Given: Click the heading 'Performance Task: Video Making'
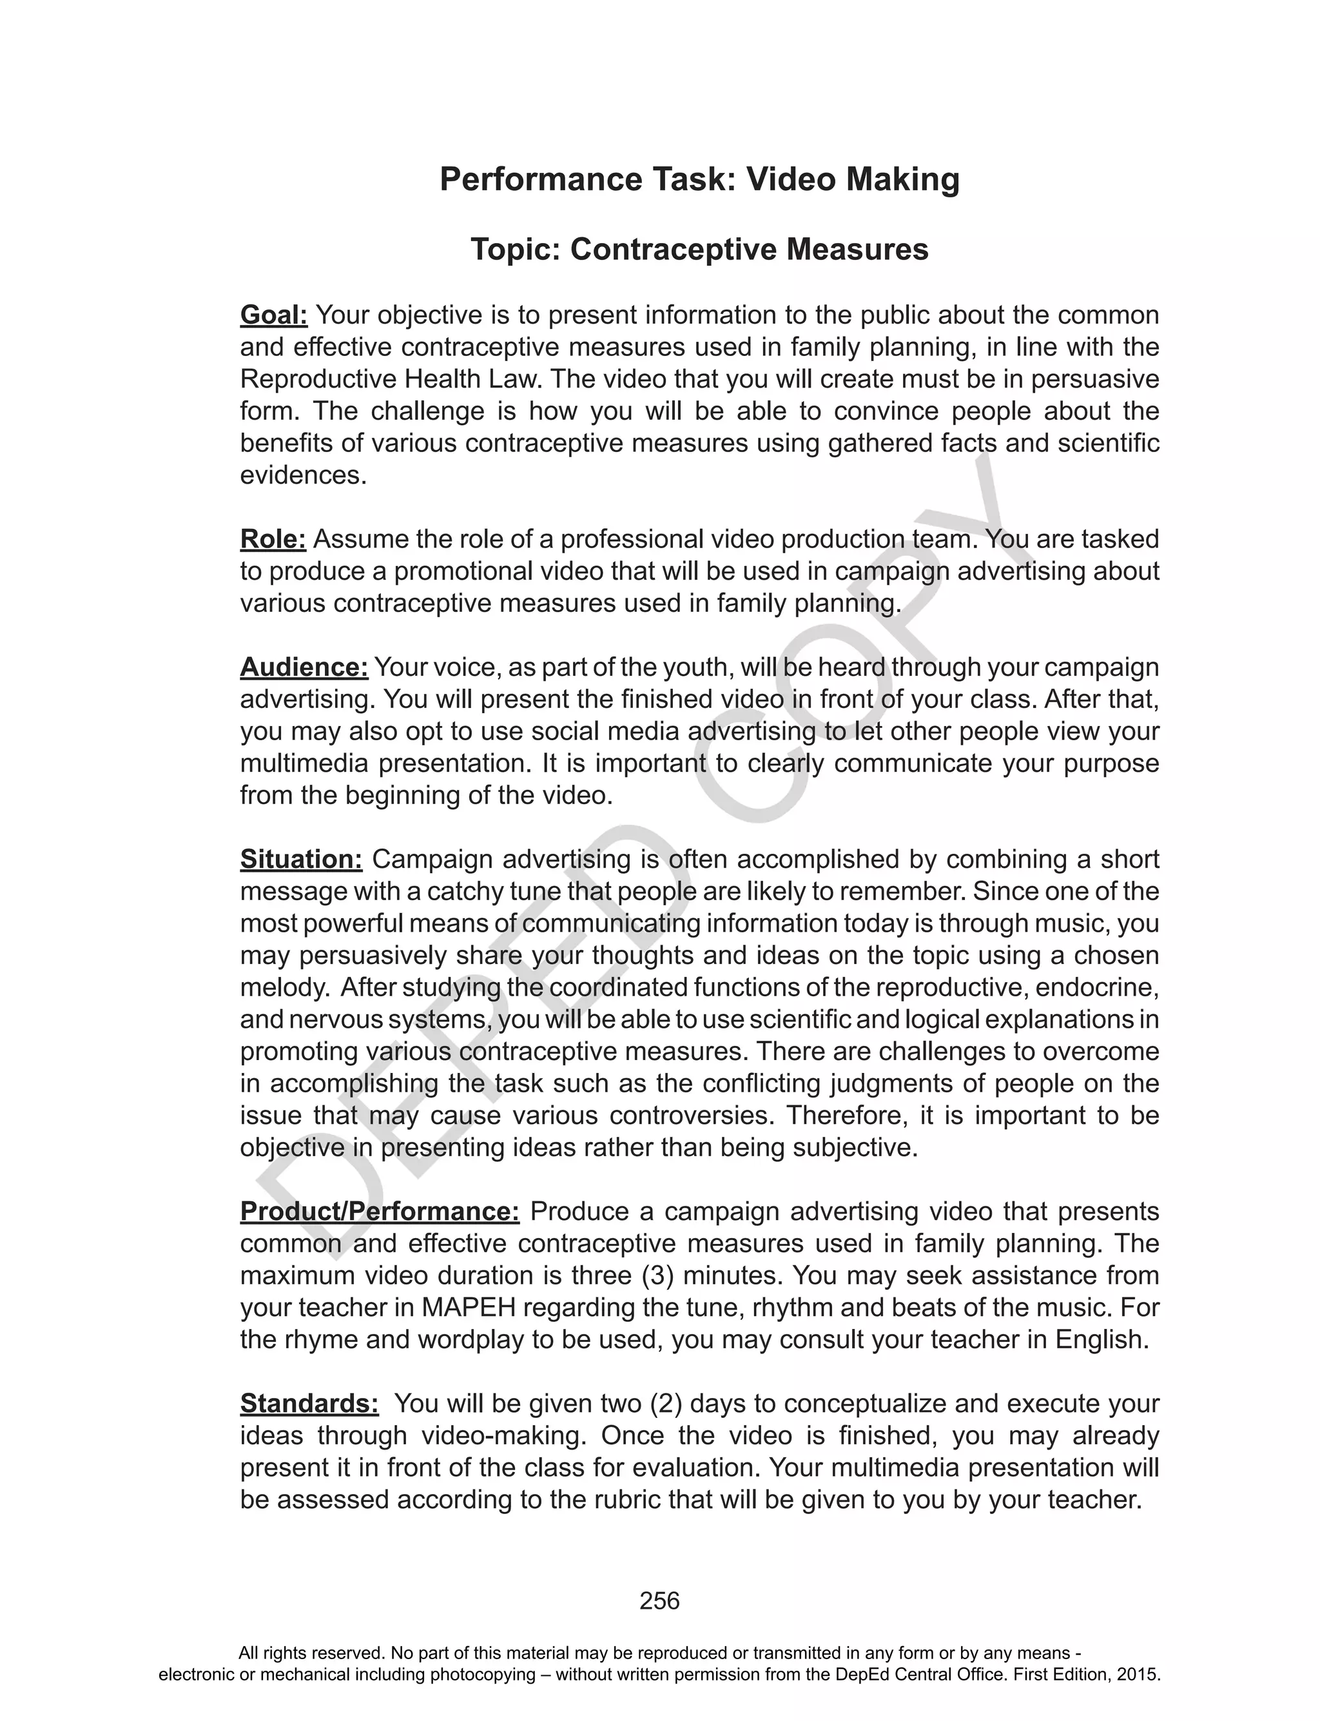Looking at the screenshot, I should (x=699, y=179).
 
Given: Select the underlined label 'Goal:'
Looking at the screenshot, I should (x=273, y=315).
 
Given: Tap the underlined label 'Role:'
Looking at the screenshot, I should (x=273, y=539).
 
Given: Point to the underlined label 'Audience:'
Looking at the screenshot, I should (x=304, y=667).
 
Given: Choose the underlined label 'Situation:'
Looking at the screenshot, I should (x=301, y=859).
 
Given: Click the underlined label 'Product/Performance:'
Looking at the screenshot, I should (x=380, y=1211).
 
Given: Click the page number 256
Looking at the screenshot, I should (x=659, y=1601).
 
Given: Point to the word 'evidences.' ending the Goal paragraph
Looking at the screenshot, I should (x=304, y=475).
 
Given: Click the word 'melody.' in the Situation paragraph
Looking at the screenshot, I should (x=286, y=987).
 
